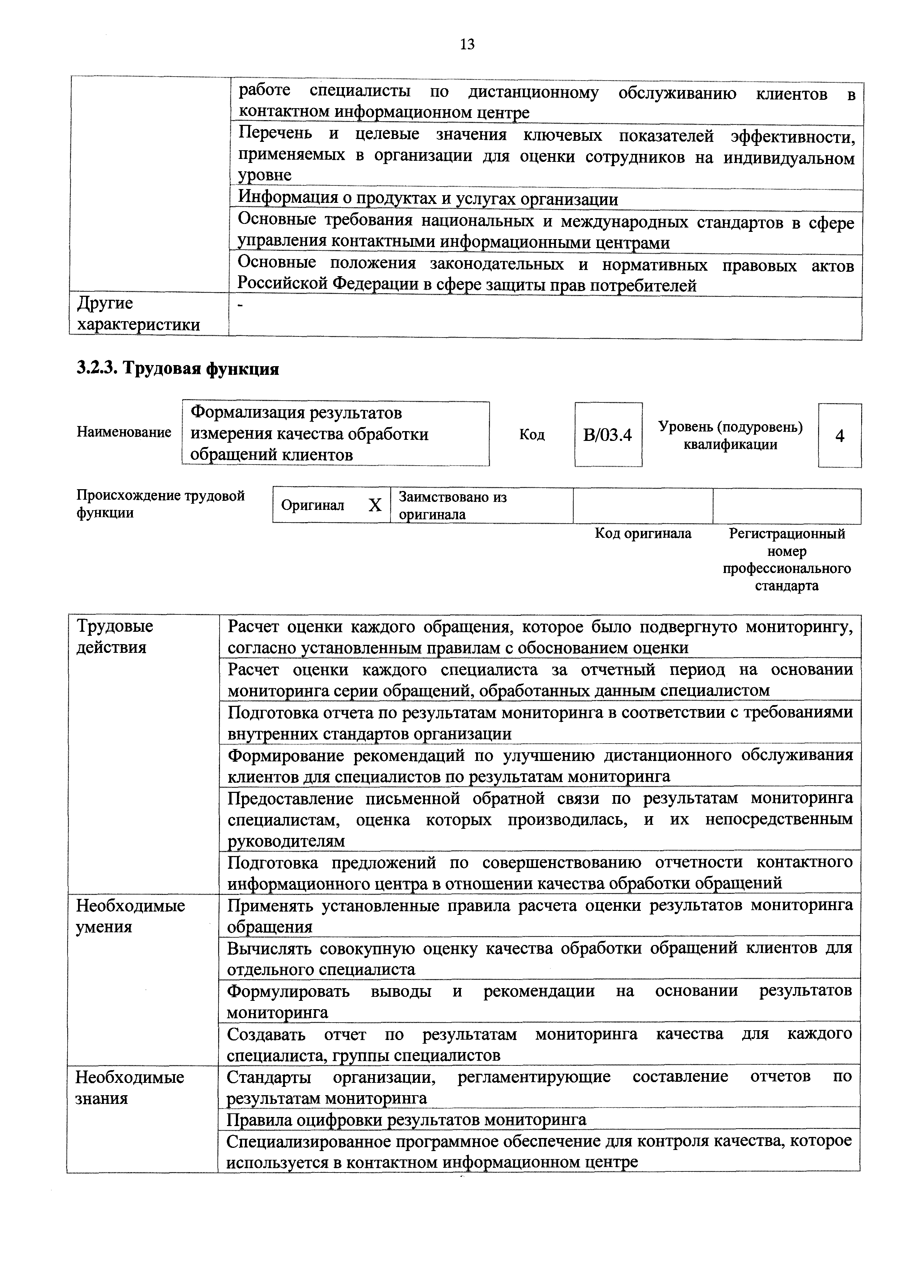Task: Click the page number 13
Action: [x=467, y=44]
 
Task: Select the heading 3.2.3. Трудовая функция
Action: [x=177, y=368]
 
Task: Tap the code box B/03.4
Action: [x=608, y=435]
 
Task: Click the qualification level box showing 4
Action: [x=839, y=436]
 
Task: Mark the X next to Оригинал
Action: [x=375, y=505]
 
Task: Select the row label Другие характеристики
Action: [x=139, y=314]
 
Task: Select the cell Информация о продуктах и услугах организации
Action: [x=427, y=199]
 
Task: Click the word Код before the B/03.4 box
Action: [x=531, y=435]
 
